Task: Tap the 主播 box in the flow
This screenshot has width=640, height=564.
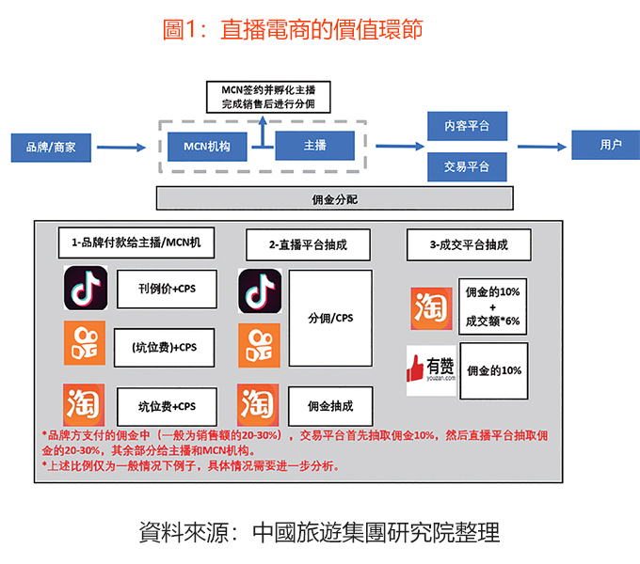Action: pos(314,146)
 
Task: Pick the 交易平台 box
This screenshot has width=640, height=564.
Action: pos(467,167)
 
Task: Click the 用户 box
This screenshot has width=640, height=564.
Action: pos(610,145)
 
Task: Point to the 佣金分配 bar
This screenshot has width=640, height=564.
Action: pos(334,198)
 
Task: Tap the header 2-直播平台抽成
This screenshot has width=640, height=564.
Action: pos(308,244)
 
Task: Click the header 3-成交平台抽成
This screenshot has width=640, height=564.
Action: pos(468,244)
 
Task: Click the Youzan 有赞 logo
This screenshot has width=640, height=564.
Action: pos(430,368)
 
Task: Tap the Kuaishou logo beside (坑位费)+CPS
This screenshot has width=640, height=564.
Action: pos(84,343)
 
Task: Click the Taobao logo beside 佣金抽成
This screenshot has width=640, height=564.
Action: pos(259,405)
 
